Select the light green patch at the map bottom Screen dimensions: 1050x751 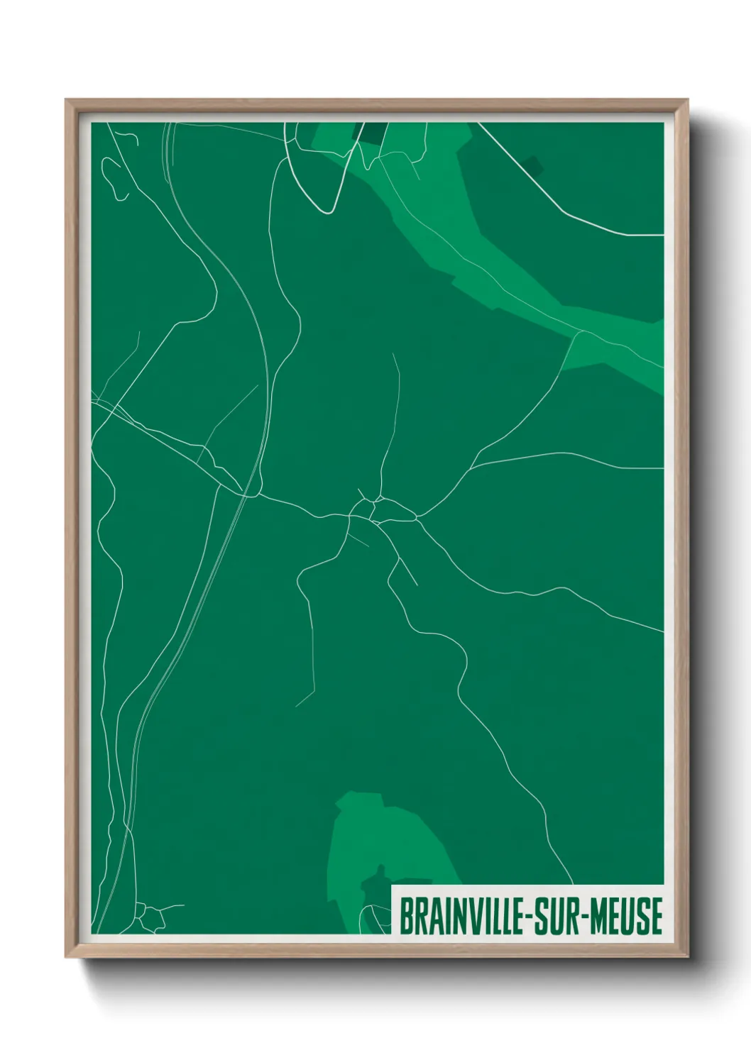(x=383, y=844)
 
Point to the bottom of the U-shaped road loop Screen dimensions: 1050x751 (x=328, y=211)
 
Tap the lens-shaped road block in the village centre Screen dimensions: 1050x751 (x=398, y=512)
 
